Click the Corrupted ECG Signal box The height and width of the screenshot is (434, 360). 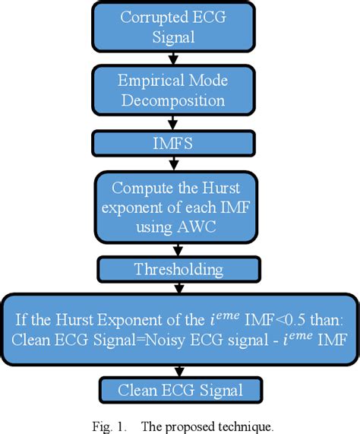(174, 27)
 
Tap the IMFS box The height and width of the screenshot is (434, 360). (173, 142)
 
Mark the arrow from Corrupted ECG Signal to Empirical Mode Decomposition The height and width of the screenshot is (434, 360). (173, 59)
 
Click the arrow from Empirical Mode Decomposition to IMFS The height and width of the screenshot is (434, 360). (173, 124)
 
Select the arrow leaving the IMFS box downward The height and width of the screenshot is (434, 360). (173, 161)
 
